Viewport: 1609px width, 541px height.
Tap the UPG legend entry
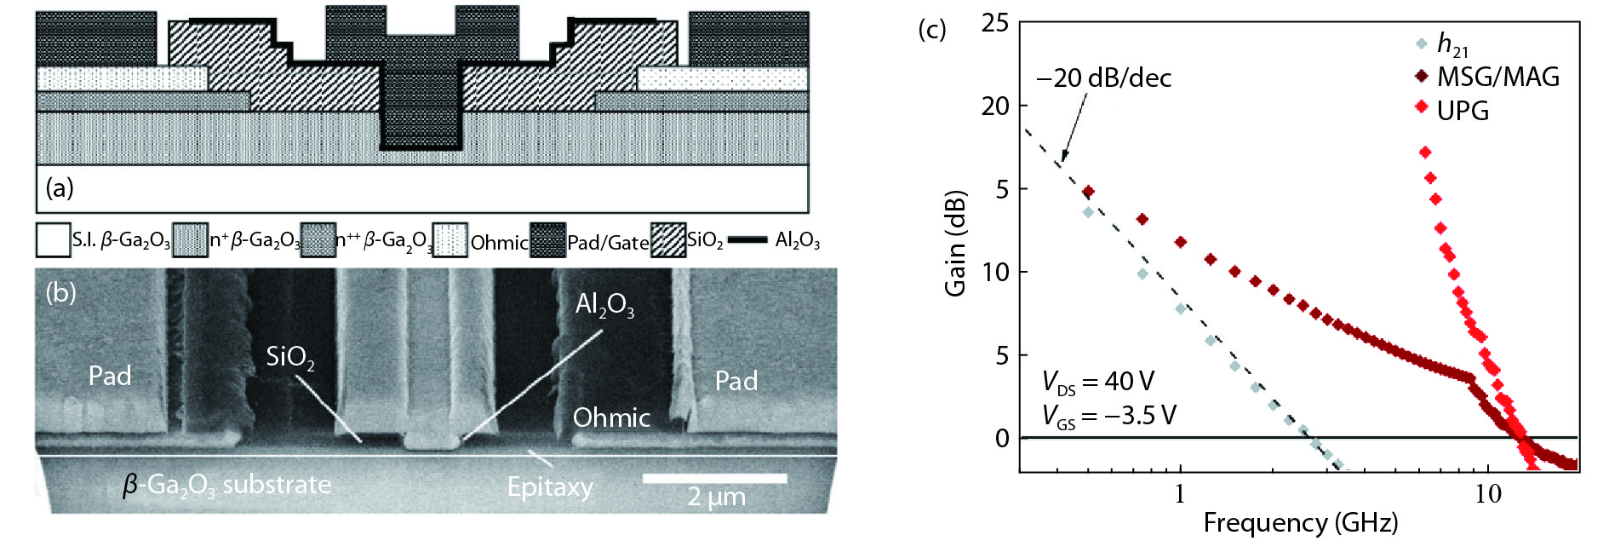1452,110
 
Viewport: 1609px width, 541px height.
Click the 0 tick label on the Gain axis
1002,438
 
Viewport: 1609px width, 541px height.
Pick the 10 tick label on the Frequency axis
1488,494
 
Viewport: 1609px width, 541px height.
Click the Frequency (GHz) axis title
1300,522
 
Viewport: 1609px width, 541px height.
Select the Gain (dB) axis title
956,242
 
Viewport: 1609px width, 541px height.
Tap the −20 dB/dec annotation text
1103,78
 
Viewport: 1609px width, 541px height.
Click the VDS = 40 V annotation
1097,383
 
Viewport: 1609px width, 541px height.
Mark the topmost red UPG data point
1424,152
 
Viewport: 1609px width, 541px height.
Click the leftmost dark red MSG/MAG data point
1088,192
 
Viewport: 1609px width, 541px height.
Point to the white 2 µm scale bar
714,479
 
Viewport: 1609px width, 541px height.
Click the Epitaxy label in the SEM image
550,486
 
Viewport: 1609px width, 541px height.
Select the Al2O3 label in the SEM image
604,304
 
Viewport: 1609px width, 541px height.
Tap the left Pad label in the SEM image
110,376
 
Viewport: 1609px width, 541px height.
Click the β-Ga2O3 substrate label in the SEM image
226,485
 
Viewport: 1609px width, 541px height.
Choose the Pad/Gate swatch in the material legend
547,240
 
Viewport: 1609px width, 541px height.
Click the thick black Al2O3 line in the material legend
747,240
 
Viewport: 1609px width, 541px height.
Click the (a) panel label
60,187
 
